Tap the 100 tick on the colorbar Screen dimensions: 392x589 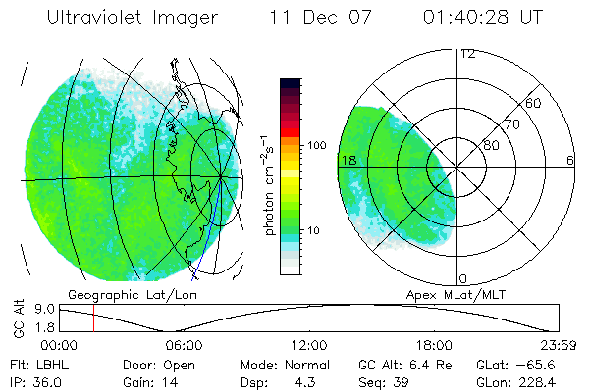(318, 145)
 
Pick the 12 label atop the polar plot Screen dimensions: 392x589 (467, 54)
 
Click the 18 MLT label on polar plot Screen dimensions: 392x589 (348, 160)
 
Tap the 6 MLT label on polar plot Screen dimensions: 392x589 (570, 160)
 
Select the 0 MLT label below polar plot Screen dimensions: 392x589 (463, 279)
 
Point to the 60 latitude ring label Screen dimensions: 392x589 (534, 103)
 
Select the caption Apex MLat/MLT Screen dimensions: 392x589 (448, 293)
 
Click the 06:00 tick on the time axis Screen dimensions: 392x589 (184, 345)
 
